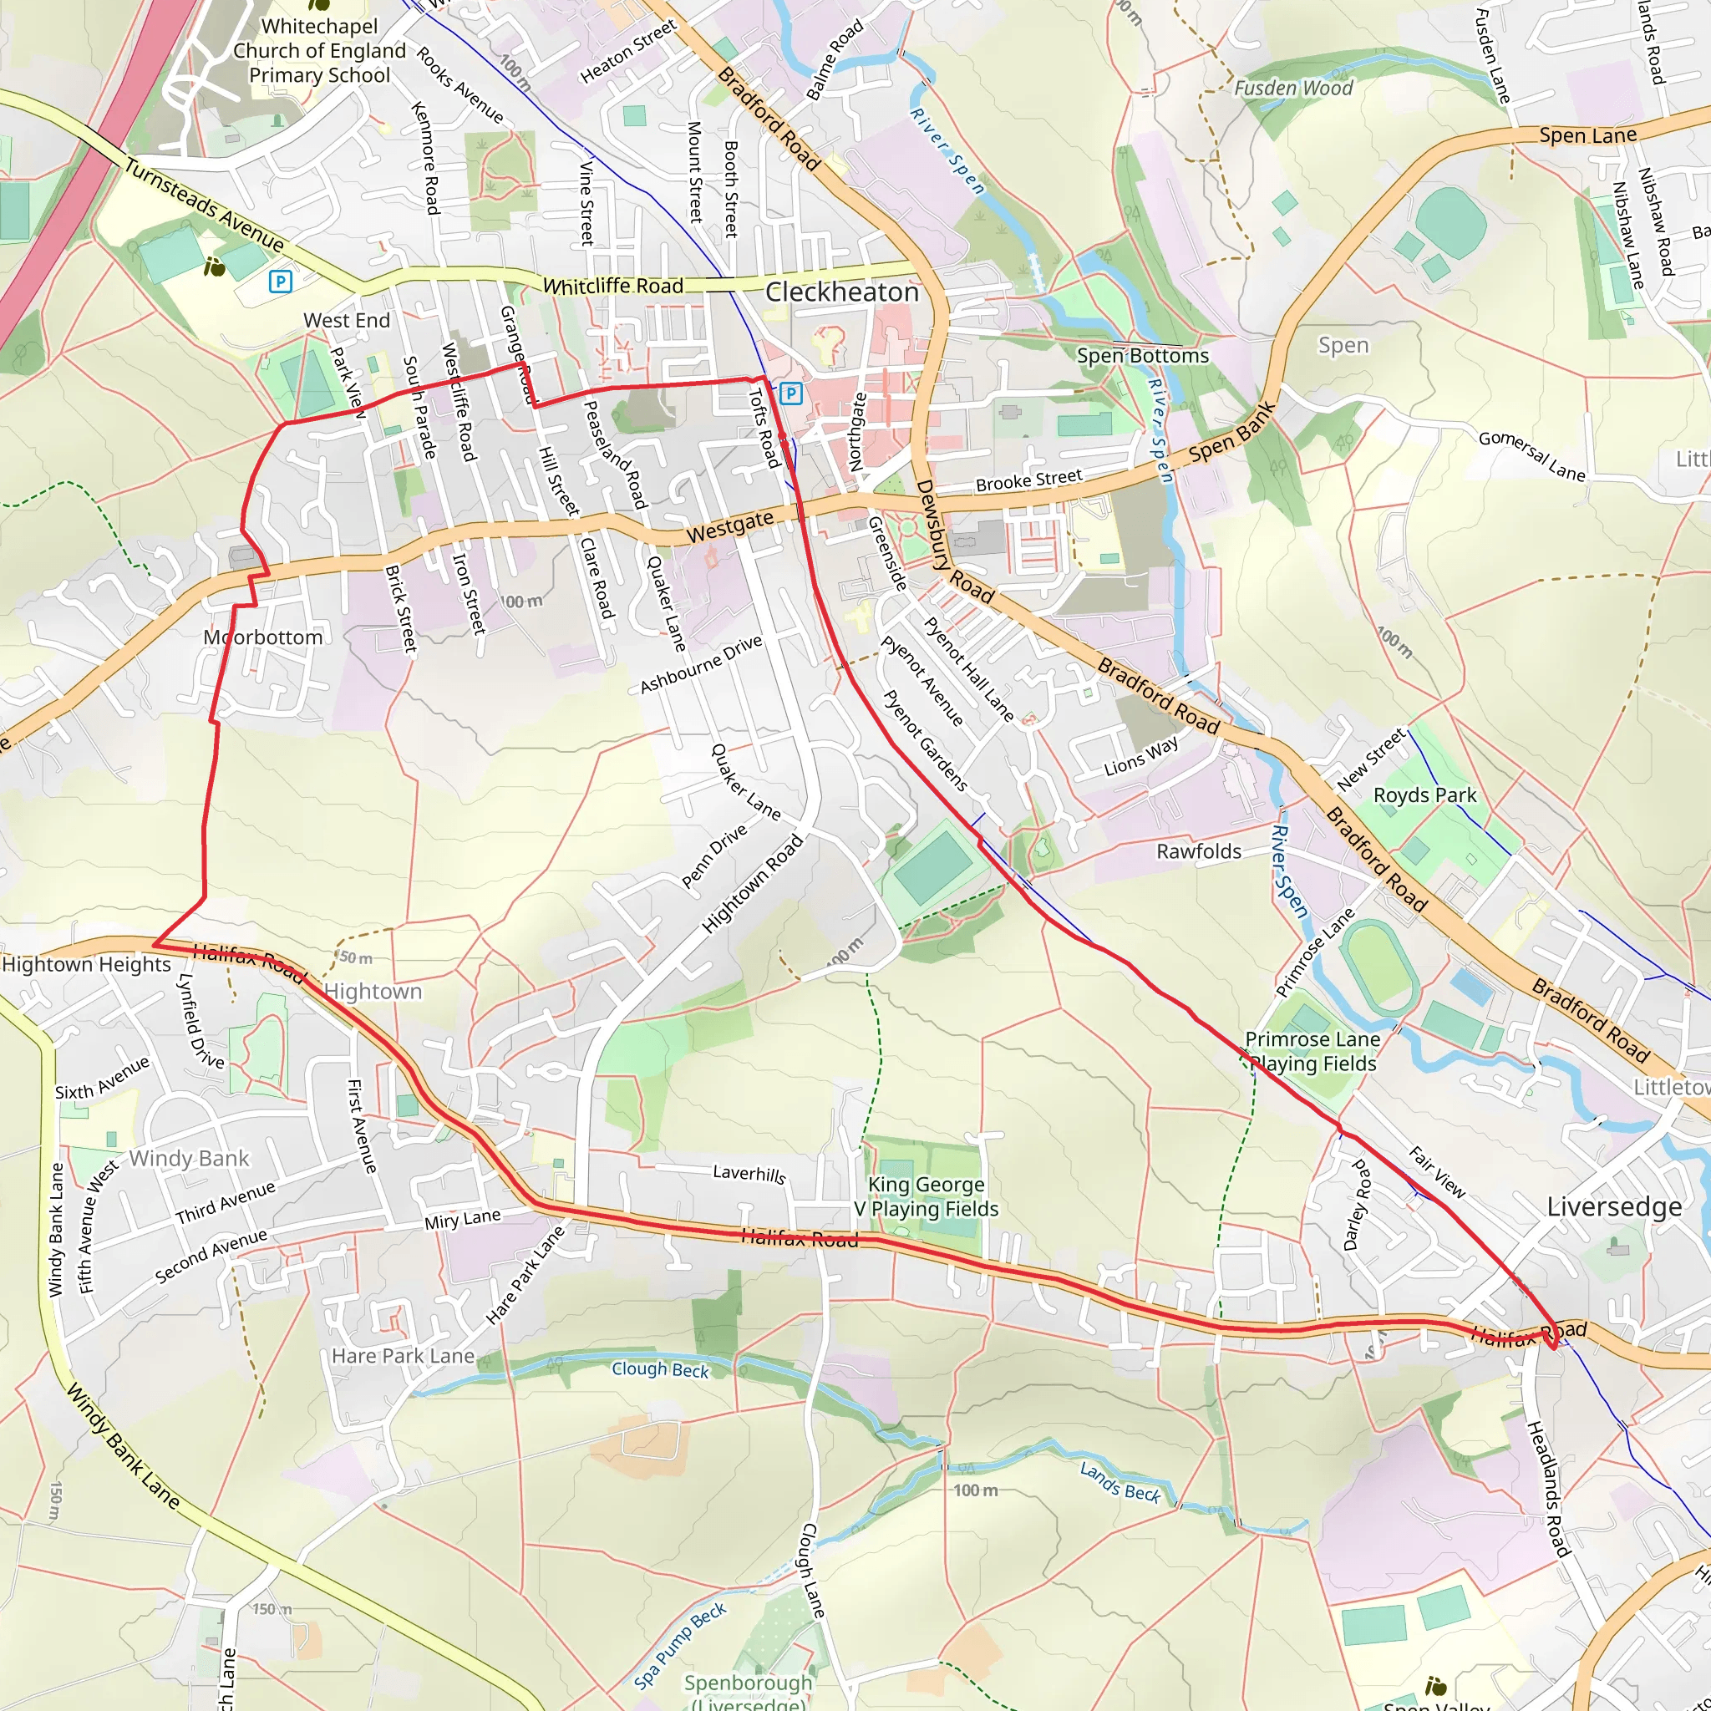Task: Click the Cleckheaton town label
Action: pyautogui.click(x=841, y=292)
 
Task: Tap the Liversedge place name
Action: pyautogui.click(x=1613, y=1207)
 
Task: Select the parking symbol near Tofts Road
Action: pyautogui.click(x=791, y=393)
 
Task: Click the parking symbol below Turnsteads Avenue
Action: pyautogui.click(x=280, y=282)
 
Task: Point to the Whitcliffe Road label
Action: pyautogui.click(x=613, y=286)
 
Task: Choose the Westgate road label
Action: pyautogui.click(x=729, y=526)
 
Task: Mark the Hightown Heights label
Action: pyautogui.click(x=86, y=964)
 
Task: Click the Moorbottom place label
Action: pyautogui.click(x=263, y=637)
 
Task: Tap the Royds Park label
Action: pyautogui.click(x=1424, y=795)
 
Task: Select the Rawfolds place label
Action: pyautogui.click(x=1198, y=852)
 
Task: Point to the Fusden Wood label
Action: pyautogui.click(x=1293, y=88)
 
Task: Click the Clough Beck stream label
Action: pyautogui.click(x=660, y=1369)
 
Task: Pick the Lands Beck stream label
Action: pyautogui.click(x=1120, y=1483)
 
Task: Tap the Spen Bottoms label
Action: pyautogui.click(x=1142, y=356)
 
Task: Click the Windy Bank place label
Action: pyautogui.click(x=190, y=1159)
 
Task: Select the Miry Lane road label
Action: pyautogui.click(x=462, y=1221)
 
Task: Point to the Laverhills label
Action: pyautogui.click(x=749, y=1174)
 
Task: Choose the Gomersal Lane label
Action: pyautogui.click(x=1531, y=455)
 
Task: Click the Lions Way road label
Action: pyautogui.click(x=1140, y=757)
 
